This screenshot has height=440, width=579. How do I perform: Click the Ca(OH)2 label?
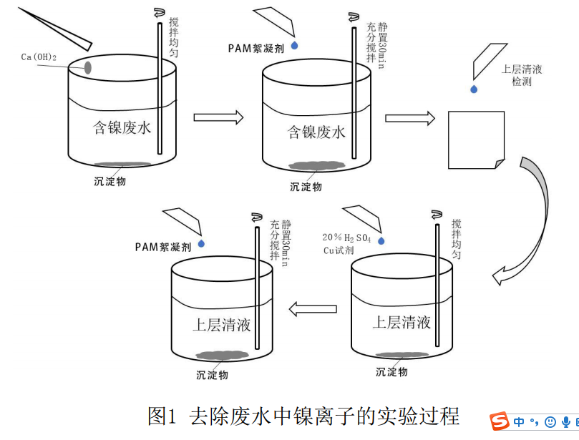click(39, 57)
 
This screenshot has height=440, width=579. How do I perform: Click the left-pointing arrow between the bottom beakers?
click(312, 308)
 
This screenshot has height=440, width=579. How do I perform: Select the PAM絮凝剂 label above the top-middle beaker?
click(258, 49)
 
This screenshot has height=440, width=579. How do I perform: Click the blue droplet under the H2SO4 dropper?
click(381, 241)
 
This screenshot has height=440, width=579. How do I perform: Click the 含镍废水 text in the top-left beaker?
click(122, 128)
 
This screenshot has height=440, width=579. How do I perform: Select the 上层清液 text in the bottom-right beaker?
click(402, 322)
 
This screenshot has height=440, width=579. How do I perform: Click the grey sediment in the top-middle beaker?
click(316, 166)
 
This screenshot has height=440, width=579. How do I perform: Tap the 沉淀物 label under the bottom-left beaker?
click(213, 374)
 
